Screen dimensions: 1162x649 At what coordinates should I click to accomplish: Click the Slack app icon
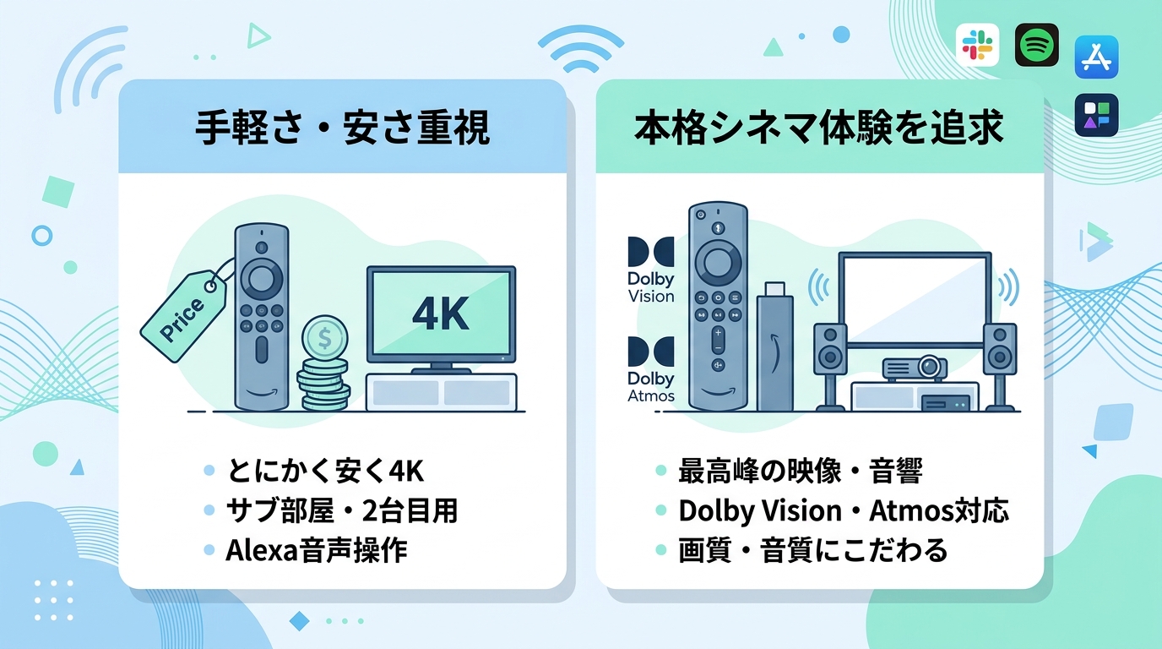pos(977,45)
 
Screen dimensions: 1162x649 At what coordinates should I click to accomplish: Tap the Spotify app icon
pos(1036,45)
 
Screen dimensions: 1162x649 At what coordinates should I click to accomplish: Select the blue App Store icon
pos(1096,57)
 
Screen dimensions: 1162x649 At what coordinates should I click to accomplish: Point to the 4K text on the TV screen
pos(441,314)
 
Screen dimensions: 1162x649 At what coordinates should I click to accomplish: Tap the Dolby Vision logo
pos(651,270)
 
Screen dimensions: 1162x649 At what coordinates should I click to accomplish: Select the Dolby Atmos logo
pos(651,369)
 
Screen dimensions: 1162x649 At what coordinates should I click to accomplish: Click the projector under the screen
pos(915,368)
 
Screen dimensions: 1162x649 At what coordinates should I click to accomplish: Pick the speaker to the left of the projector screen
pos(830,367)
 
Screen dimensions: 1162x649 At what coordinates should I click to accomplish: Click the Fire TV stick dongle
pos(775,346)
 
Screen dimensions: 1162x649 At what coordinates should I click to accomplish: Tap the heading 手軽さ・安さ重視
pos(342,128)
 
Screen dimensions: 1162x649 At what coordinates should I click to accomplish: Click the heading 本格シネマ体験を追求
pos(819,128)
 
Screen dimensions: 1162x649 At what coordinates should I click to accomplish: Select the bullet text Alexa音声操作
pos(317,550)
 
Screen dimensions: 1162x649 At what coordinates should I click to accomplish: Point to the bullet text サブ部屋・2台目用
pos(342,510)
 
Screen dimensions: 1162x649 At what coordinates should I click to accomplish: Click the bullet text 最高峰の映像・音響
pos(801,471)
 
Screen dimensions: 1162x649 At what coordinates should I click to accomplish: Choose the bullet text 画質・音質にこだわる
pos(813,550)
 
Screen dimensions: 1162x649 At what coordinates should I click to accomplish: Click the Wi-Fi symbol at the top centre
pos(580,50)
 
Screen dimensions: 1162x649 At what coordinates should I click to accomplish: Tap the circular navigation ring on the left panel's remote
pos(262,280)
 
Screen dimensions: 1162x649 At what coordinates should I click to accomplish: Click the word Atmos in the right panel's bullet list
pos(912,510)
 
